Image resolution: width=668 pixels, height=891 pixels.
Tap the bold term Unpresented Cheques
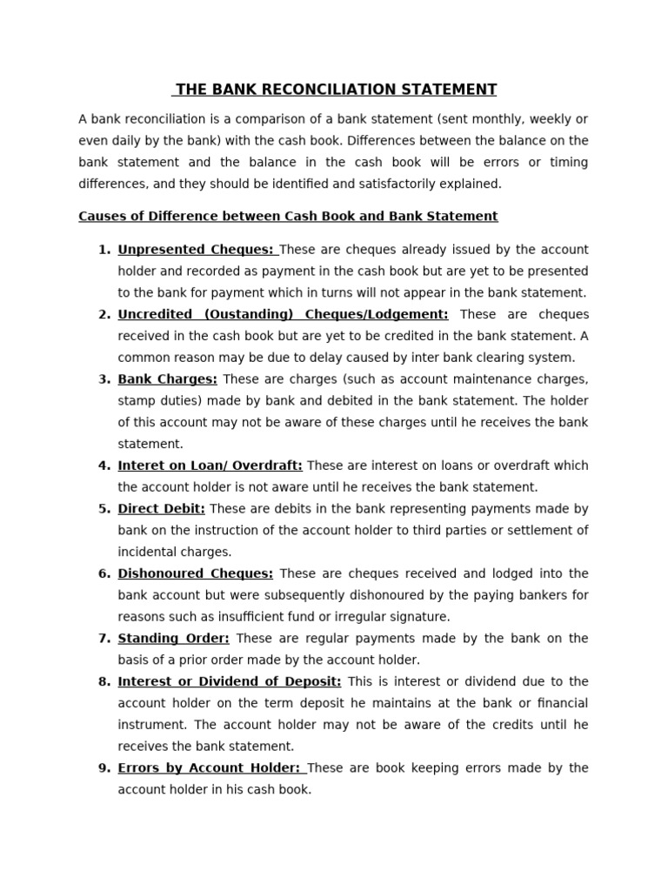[196, 250]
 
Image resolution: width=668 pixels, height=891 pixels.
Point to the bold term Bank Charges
[168, 379]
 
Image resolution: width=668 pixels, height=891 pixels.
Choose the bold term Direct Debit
[162, 508]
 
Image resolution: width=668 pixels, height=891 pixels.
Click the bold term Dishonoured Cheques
[196, 573]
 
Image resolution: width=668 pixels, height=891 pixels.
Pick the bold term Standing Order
[174, 638]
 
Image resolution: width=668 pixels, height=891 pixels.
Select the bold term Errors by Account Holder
[210, 767]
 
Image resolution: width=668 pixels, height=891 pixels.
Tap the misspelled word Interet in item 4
[140, 466]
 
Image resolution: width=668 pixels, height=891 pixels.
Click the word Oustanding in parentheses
[245, 314]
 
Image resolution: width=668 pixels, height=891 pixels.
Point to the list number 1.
[104, 250]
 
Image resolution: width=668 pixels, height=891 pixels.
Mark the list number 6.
[104, 573]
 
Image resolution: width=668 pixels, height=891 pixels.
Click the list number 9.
[104, 767]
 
